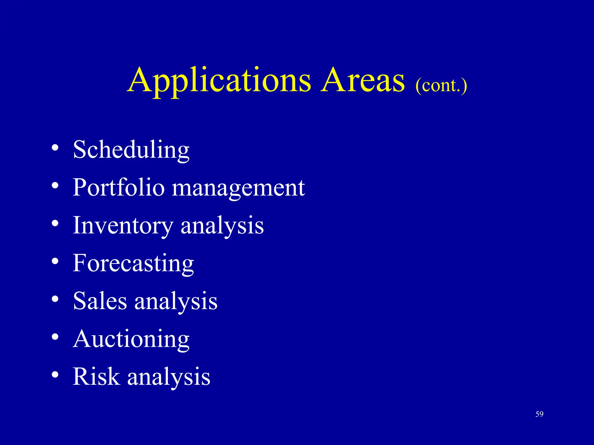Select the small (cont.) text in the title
tap(441, 85)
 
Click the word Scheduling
tap(131, 150)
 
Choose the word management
tap(238, 188)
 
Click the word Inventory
tap(123, 226)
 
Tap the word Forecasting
tap(133, 263)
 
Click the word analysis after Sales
tap(176, 301)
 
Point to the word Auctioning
tap(131, 339)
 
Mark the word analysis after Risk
tap(169, 377)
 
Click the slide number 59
tap(539, 414)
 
